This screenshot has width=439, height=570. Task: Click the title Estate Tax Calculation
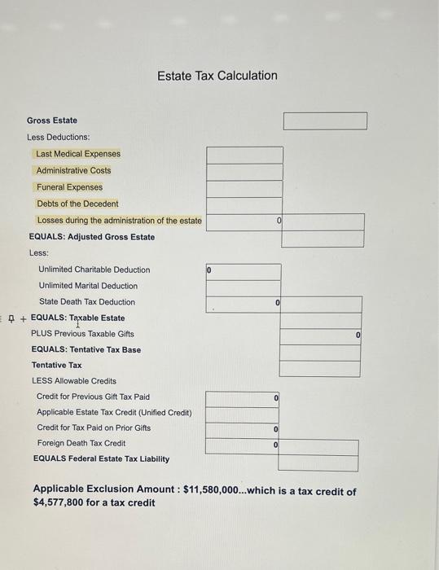click(217, 76)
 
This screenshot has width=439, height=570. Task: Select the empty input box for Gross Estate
click(325, 121)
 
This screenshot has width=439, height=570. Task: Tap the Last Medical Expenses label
click(78, 154)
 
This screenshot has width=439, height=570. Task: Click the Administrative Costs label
click(73, 170)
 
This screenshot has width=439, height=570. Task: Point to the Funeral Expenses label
click(69, 187)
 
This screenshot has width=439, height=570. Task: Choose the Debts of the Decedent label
click(77, 204)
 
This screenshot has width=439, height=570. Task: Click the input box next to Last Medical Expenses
click(244, 155)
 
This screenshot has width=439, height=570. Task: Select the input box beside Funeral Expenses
click(244, 188)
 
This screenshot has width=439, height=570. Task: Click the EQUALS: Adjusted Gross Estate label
click(91, 237)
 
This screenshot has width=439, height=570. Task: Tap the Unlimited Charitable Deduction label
click(94, 270)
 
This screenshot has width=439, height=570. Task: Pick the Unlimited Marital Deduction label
click(88, 286)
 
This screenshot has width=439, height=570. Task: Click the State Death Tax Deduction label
click(87, 302)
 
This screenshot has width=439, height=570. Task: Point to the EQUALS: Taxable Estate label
click(77, 318)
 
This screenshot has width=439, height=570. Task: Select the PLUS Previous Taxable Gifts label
click(82, 334)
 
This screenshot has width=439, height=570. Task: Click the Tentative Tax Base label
click(86, 349)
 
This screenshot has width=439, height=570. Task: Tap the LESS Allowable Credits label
click(73, 380)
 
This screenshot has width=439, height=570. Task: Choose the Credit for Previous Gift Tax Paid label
click(93, 397)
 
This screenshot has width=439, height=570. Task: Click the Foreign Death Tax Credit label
click(81, 443)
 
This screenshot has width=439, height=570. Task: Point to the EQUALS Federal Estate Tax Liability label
click(101, 458)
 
